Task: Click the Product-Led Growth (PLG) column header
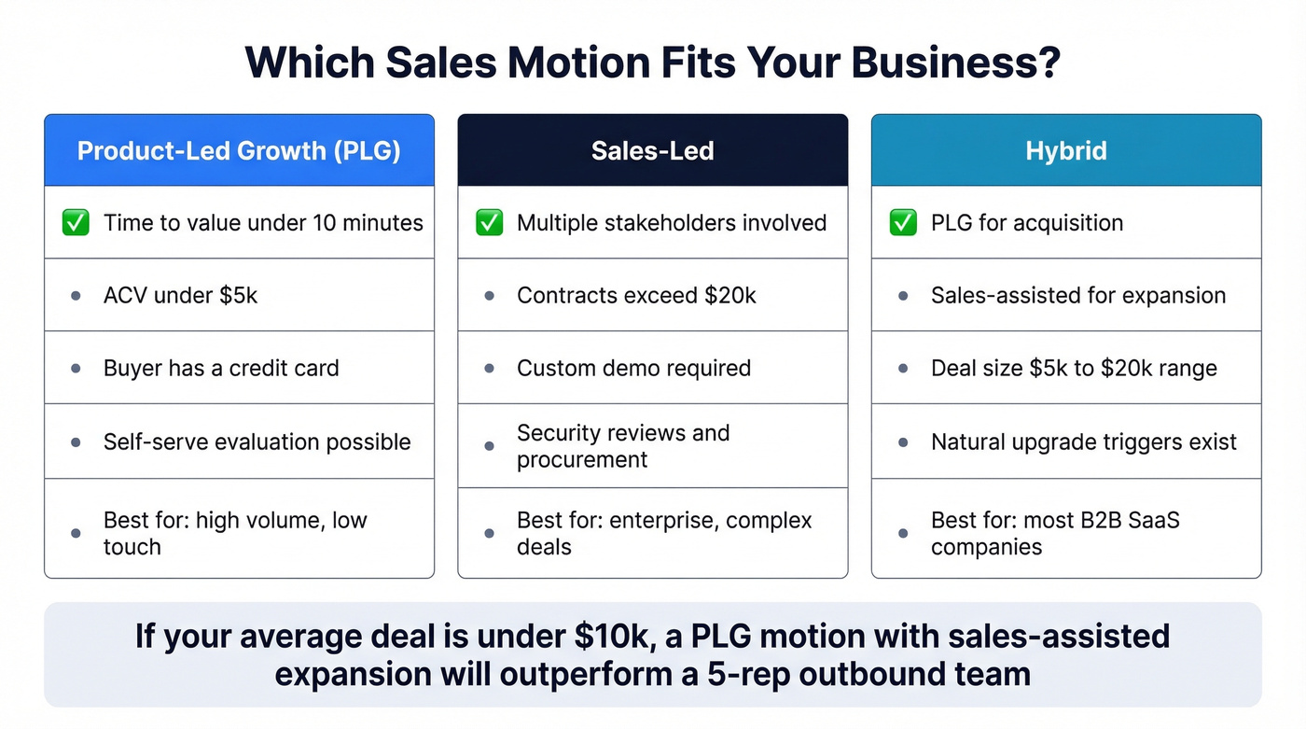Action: point(239,151)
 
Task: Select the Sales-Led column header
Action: point(652,151)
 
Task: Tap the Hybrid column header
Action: point(1065,151)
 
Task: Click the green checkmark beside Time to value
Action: point(76,223)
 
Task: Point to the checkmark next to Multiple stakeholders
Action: point(489,223)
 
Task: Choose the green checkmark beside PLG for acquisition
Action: point(902,223)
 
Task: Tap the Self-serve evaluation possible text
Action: point(257,442)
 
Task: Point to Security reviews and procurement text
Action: point(622,446)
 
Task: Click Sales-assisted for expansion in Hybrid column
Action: point(1077,296)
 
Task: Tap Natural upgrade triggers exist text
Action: point(1083,442)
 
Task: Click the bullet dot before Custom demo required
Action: point(489,369)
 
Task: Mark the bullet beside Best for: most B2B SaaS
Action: point(902,533)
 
